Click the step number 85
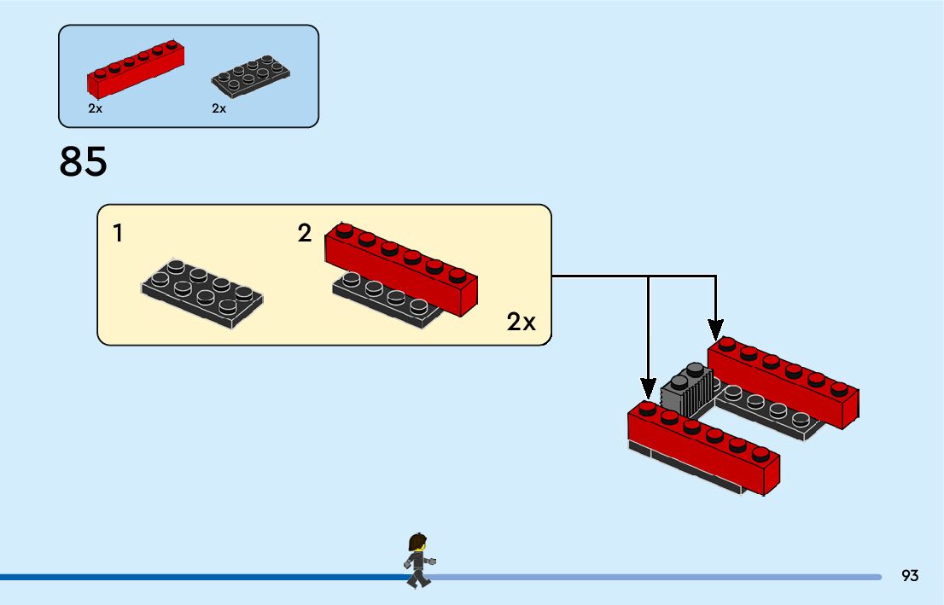83,161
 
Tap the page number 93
910,575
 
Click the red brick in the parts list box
136,69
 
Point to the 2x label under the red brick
95,108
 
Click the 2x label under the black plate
219,108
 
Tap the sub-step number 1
118,234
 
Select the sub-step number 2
305,234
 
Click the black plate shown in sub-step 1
202,294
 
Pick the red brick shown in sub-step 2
401,269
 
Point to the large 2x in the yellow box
521,322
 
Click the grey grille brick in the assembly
687,391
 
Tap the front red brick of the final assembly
704,446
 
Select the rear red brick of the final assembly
784,383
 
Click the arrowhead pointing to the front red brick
648,388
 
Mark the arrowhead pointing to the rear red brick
715,330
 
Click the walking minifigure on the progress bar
418,561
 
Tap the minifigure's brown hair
417,541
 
